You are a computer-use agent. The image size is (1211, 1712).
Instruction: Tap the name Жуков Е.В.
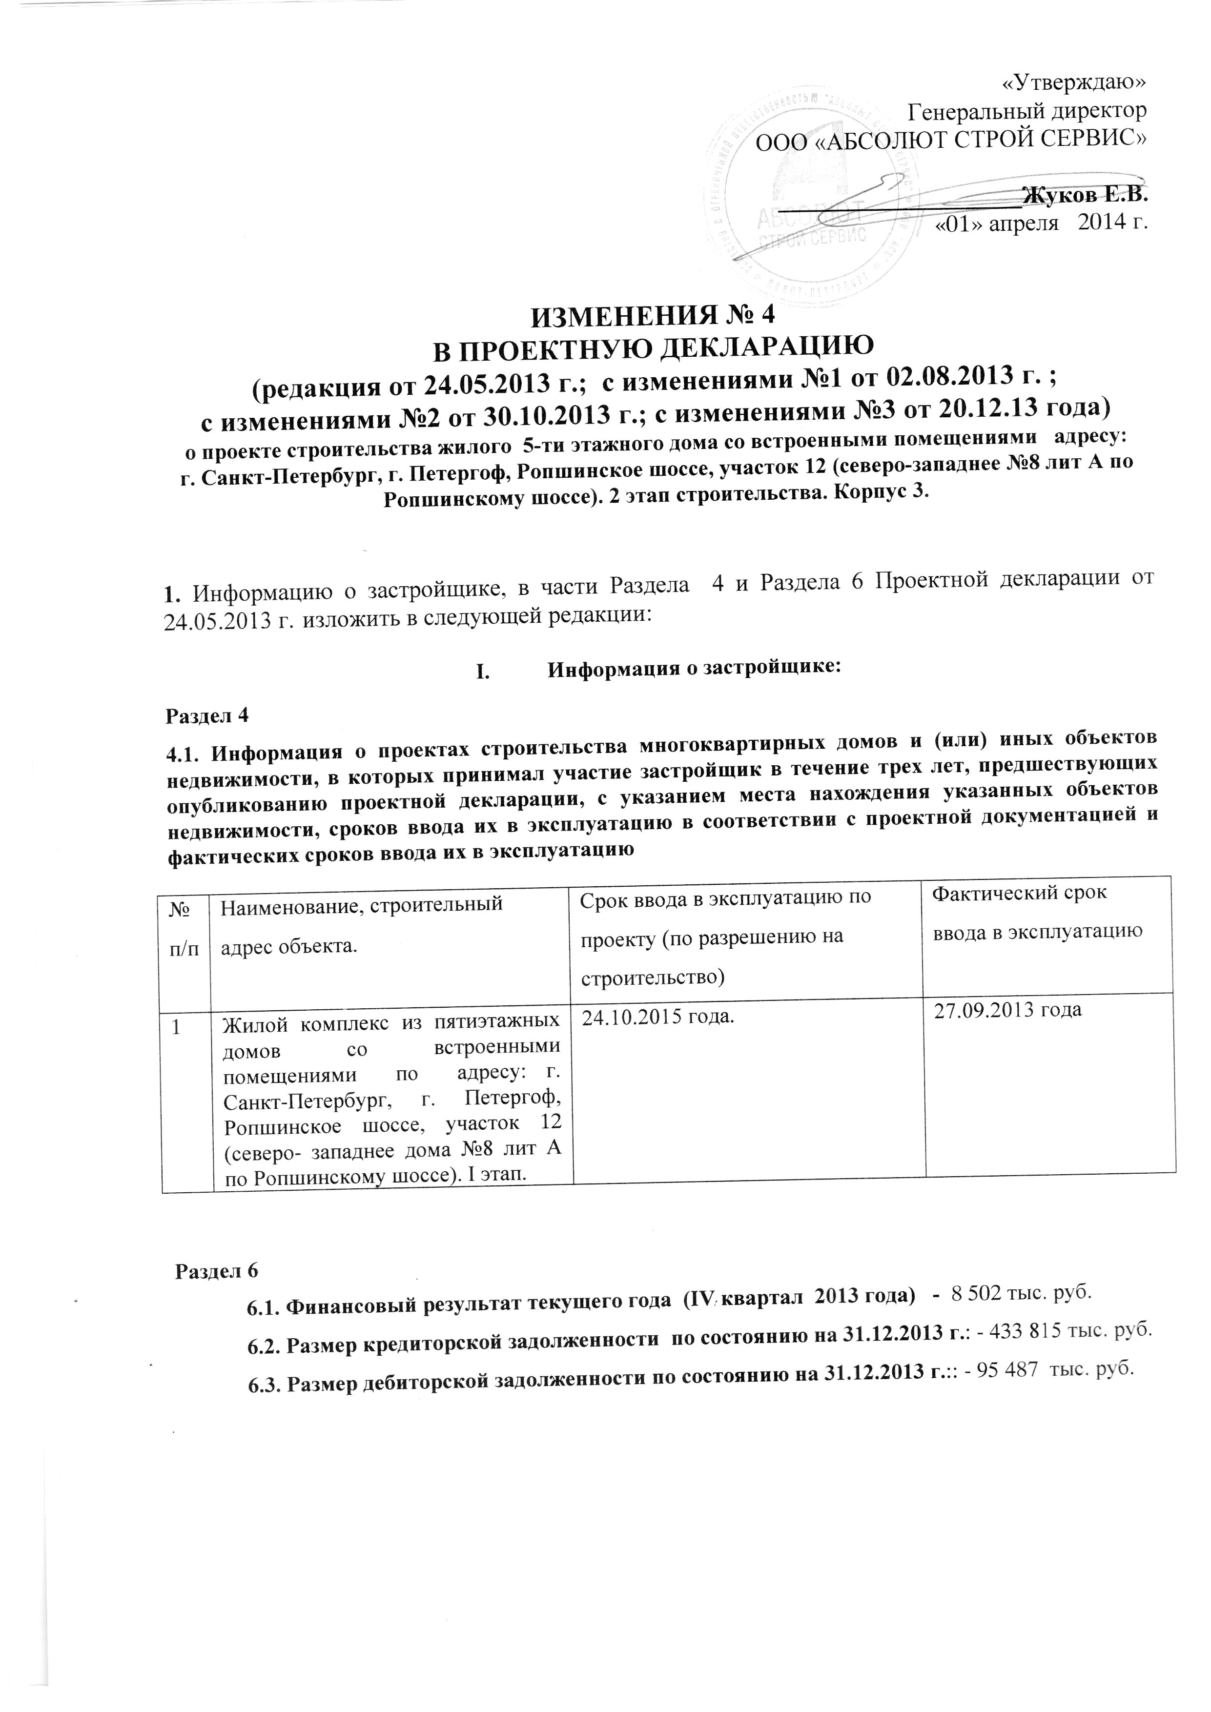click(1086, 195)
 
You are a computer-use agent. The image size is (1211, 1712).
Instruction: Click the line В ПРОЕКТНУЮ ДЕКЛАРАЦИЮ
click(653, 349)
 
